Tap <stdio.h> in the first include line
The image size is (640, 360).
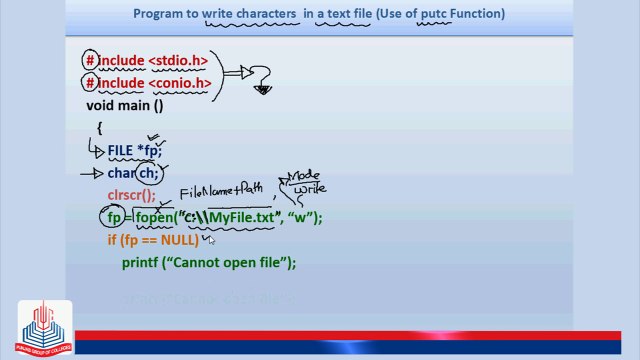[179, 61]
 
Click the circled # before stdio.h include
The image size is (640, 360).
[91, 61]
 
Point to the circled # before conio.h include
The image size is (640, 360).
[91, 83]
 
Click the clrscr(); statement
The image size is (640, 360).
[132, 196]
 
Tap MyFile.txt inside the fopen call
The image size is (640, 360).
[240, 218]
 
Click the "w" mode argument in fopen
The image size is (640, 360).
[303, 218]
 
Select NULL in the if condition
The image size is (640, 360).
[179, 240]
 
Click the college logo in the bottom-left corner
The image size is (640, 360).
[33, 327]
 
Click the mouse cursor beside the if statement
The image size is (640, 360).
[211, 240]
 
